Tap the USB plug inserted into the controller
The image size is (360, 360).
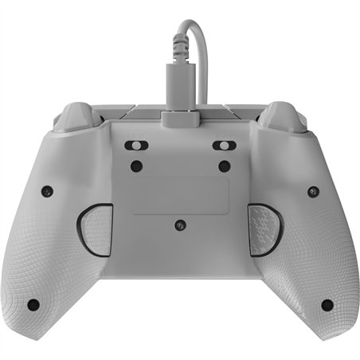click(x=181, y=111)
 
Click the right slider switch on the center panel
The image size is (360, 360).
click(x=225, y=147)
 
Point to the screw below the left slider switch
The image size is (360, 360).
click(x=136, y=166)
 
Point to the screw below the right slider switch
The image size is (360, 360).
click(x=225, y=166)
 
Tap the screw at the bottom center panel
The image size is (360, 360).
click(x=181, y=225)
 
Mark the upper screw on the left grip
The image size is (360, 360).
click(x=47, y=191)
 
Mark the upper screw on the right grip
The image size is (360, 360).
click(x=313, y=191)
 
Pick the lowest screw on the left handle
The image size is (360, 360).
click(x=33, y=304)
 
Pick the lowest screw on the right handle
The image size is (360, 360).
click(x=327, y=304)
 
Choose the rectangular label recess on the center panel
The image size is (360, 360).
click(x=180, y=195)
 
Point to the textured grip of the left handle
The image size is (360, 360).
click(x=64, y=263)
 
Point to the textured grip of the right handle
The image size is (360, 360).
click(x=296, y=263)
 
